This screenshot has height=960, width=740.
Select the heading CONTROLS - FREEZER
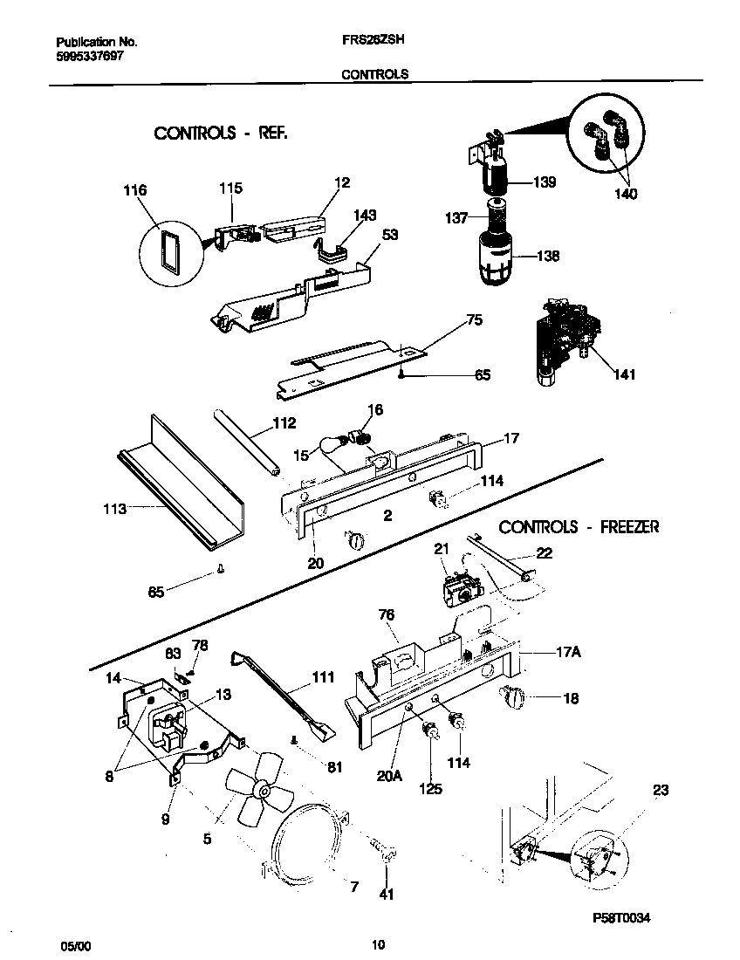tap(579, 527)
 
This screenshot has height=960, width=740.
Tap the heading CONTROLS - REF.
tap(221, 134)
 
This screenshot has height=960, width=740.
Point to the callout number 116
tap(135, 190)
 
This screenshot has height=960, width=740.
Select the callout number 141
tap(624, 375)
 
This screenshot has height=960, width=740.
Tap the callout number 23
tap(661, 791)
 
